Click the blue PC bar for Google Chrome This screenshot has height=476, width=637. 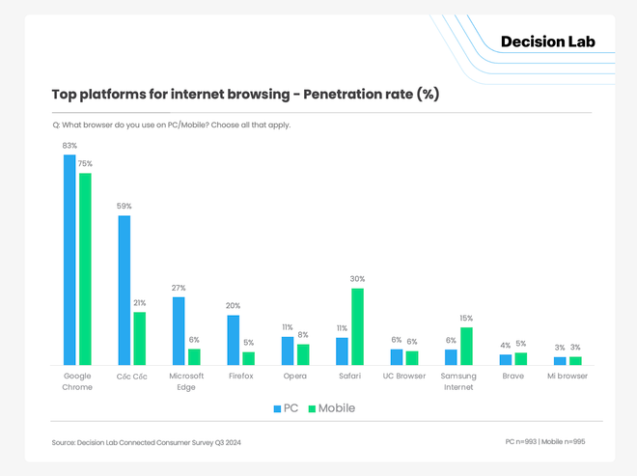click(69, 260)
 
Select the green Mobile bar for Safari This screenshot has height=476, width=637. click(357, 326)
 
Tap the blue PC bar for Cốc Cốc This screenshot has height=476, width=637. click(124, 290)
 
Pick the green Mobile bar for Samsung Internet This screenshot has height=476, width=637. click(466, 346)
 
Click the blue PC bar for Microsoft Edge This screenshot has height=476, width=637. click(179, 330)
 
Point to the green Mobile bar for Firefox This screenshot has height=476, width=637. click(248, 358)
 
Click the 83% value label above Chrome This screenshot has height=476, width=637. click(69, 146)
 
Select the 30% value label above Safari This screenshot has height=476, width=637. click(358, 279)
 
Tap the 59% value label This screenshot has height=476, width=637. click(124, 207)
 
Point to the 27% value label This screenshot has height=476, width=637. click(179, 288)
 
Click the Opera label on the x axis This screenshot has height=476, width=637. click(294, 376)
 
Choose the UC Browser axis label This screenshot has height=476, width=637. click(403, 376)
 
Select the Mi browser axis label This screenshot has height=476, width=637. click(567, 376)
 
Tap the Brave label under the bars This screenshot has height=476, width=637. click(512, 376)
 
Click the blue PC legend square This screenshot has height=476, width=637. click(277, 408)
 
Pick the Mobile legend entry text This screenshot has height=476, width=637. click(337, 408)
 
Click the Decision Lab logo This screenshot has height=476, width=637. click(548, 42)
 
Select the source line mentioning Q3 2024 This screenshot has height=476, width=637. click(147, 442)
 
